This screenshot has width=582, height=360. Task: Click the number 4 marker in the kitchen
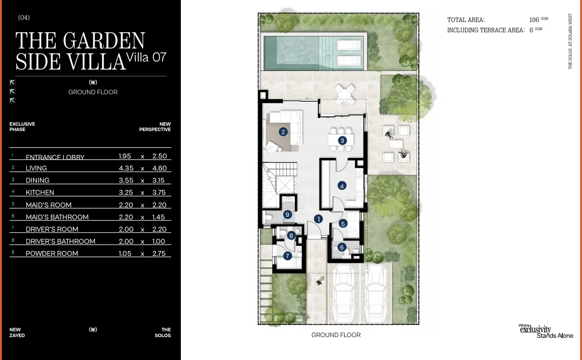pos(341,186)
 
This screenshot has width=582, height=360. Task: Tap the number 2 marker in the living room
pos(283,132)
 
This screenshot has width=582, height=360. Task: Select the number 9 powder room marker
pos(287,215)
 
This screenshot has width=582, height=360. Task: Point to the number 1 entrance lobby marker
pos(318,219)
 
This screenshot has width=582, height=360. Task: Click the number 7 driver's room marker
pos(287,256)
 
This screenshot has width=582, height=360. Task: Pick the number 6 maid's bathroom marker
pos(341,247)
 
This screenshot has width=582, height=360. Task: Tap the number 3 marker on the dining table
pos(342,140)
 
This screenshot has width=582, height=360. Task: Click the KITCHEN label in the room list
pos(40,193)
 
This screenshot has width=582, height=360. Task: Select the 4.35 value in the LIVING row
pos(126,168)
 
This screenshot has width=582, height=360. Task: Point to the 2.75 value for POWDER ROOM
pos(159,254)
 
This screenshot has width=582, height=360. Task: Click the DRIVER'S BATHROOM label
pos(61,241)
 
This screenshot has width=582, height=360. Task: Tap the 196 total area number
pos(534,20)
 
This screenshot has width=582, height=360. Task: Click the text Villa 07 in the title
pos(146,57)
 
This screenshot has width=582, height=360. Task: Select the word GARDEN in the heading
pos(104,40)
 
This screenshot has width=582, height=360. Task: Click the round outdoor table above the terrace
pos(345,95)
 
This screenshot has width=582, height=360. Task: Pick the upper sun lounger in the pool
pos(349,45)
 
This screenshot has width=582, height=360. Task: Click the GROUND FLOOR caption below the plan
pos(336,335)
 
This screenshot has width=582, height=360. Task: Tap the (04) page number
pos(24,18)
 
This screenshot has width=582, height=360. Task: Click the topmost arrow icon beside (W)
pos(12,83)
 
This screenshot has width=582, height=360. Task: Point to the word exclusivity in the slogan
pos(535,329)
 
